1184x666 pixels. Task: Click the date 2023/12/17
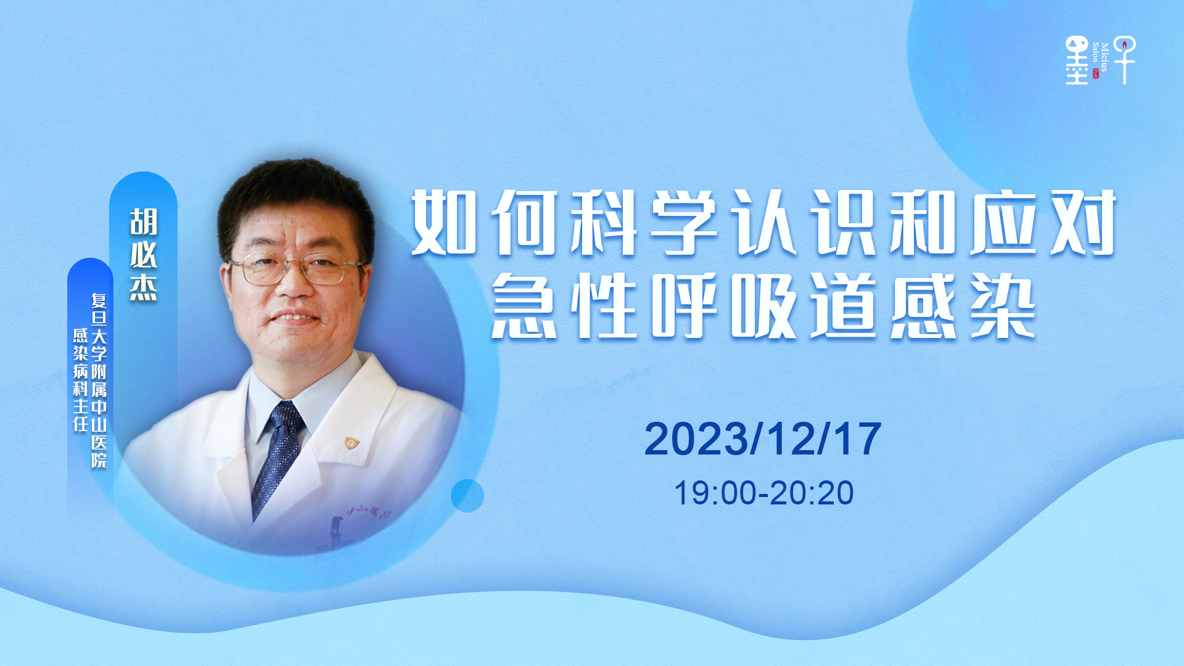coord(763,439)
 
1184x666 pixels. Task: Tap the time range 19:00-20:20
coord(763,493)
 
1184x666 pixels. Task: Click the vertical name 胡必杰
coord(144,255)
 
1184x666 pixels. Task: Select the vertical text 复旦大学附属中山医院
coord(99,380)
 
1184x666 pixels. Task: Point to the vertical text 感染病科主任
coord(81,379)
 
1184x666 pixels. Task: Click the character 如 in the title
coord(444,223)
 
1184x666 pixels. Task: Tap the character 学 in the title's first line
coord(684,223)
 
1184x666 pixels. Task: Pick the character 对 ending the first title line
coord(1083,223)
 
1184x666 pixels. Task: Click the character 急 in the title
coord(524,306)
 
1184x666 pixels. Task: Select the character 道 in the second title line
coord(844,306)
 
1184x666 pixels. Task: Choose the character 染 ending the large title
coord(1003,306)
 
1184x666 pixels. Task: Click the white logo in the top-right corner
coord(1101,60)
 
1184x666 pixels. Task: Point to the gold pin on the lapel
coord(351,442)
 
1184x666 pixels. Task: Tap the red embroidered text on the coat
coord(369,511)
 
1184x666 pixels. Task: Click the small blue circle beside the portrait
coord(467,495)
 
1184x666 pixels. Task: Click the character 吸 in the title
coord(764,306)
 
